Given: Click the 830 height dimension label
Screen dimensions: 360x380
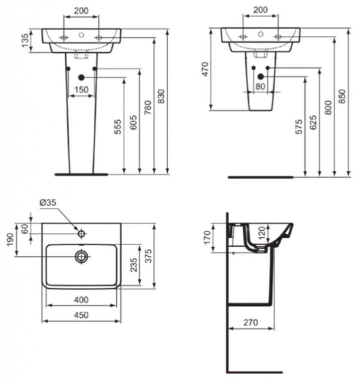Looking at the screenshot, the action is coord(161,96).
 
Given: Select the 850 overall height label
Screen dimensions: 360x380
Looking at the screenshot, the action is coord(342,96).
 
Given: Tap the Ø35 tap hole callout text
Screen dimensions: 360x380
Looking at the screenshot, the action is coord(48,202).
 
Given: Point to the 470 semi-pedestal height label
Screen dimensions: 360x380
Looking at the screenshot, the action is coord(205,69).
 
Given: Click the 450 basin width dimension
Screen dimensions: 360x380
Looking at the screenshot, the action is coord(81,315).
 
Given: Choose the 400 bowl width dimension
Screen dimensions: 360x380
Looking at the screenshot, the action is coord(81,300).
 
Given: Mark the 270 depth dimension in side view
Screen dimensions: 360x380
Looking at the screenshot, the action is coord(251,322).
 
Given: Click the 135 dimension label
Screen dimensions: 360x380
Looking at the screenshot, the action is coord(26,40).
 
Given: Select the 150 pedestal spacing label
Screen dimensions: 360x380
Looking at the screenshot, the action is coord(81,90).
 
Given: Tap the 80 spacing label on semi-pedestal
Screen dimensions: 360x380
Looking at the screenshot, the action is coord(261,86).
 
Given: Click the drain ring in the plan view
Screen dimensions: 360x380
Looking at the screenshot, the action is coord(81,256).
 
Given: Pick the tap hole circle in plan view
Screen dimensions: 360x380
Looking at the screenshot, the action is coord(81,234).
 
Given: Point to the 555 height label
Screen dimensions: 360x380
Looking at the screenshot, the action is coord(118,127).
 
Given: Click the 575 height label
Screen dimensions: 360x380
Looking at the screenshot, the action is coord(299,127).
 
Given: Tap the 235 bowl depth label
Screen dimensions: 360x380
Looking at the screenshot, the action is coord(134,265).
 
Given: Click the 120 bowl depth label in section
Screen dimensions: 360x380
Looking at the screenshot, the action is coord(262,233).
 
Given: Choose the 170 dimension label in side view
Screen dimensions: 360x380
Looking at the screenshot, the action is coord(207,237).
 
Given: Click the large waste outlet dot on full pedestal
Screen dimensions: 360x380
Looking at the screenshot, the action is coord(81,78).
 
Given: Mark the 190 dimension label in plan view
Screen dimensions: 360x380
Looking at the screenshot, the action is coord(10,239).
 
